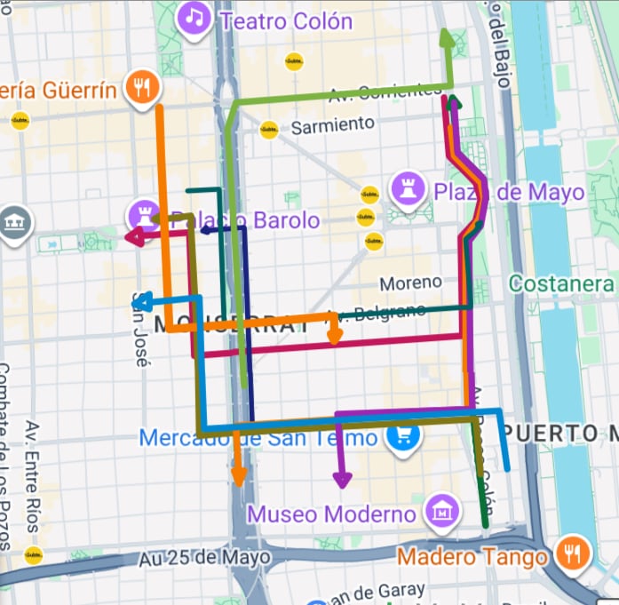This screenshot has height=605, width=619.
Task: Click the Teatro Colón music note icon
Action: click(194, 19)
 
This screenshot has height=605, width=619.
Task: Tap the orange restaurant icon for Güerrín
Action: click(142, 87)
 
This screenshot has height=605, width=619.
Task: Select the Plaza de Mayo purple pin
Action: click(409, 189)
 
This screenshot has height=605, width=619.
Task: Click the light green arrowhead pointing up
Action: click(447, 36)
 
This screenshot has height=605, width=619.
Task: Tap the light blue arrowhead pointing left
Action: click(139, 301)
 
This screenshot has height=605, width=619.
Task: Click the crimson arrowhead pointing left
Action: click(133, 236)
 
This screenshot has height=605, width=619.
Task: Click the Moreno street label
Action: click(410, 283)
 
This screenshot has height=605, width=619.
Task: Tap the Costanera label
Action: click(561, 283)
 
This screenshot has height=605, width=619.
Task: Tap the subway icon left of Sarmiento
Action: click(268, 129)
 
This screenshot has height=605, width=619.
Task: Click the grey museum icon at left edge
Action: click(13, 221)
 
